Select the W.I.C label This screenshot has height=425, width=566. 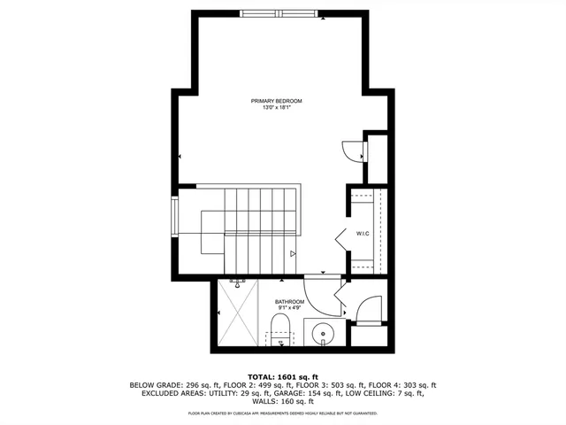[363, 234]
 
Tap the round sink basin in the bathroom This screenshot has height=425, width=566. [325, 334]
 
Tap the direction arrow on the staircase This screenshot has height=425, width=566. [293, 254]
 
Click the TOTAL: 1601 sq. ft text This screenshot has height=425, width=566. [282, 375]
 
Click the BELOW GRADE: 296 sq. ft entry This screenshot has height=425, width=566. [166, 385]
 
